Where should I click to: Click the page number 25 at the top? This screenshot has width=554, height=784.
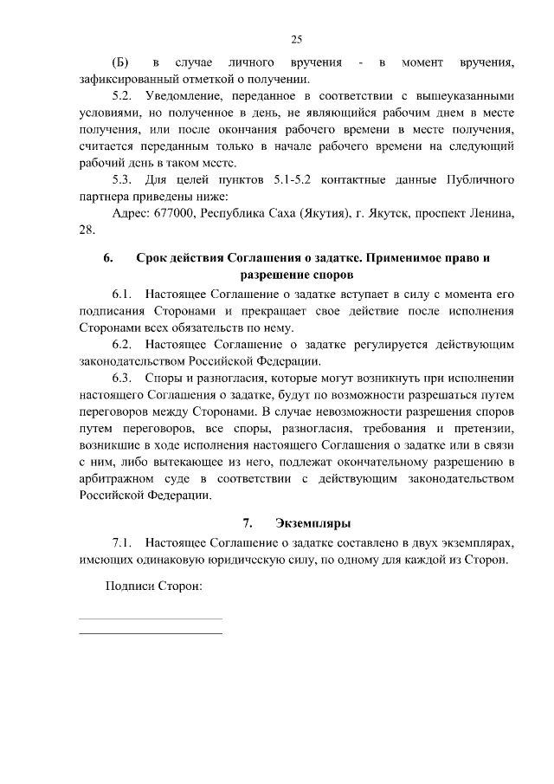296,39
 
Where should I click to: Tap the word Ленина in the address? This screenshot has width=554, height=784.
490,213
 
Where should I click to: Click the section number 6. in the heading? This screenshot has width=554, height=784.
108,259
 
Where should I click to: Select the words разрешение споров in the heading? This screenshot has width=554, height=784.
296,276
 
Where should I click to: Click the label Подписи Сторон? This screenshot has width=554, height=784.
152,586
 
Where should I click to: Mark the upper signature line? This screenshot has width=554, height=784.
151,619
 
